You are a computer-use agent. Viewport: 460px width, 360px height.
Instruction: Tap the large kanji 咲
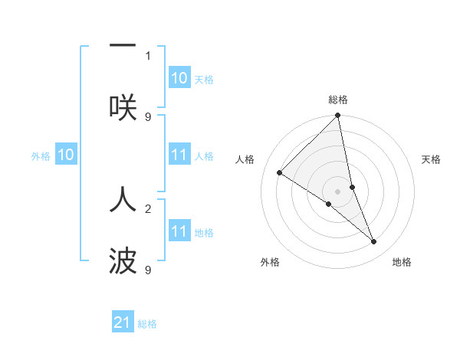(123, 107)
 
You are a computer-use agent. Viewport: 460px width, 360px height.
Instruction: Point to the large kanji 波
(123, 261)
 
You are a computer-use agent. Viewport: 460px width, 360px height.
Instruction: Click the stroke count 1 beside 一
(148, 55)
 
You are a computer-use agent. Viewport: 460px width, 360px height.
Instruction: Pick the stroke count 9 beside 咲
(148, 116)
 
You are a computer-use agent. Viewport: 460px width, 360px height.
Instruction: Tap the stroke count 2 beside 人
(148, 208)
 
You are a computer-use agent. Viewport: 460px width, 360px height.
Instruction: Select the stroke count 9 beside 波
(148, 270)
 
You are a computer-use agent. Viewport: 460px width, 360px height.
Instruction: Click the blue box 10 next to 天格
(179, 78)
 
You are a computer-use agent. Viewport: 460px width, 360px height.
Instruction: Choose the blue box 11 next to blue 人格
(179, 155)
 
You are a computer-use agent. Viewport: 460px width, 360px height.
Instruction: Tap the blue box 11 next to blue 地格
(179, 231)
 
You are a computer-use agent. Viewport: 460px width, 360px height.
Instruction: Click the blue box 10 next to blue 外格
(66, 155)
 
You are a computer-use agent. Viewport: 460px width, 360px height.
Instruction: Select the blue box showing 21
(123, 323)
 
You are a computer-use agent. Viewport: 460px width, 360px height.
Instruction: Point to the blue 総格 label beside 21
(147, 324)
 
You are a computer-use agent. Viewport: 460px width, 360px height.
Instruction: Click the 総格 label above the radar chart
(338, 100)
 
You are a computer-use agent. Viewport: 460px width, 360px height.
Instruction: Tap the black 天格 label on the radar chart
(431, 159)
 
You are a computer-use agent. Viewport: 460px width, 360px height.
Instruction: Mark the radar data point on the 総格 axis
(338, 116)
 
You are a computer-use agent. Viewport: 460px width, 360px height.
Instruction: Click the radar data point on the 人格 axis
(280, 172)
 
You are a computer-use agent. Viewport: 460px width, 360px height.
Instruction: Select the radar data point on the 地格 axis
(374, 241)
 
